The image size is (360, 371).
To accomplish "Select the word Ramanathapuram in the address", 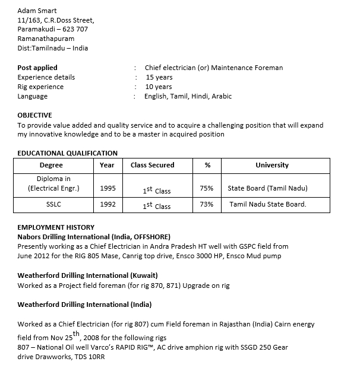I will coord(46,39).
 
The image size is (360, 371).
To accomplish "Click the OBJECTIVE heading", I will coord(34,115).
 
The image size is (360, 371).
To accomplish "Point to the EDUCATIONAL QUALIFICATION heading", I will coord(67,153).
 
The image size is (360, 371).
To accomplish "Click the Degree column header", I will coord(51,165).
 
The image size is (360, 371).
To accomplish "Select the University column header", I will coord(271,165).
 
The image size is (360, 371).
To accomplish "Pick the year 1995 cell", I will coord(108,188).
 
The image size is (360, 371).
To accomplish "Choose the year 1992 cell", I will coord(108,204).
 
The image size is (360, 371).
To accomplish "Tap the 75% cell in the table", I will coord(207,188).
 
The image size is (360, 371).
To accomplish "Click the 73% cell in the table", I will coord(207,204).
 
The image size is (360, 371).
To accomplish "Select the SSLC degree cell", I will coord(53,204).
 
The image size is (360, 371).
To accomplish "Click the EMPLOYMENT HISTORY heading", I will coord(56,227).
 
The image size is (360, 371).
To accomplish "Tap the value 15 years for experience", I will coord(159,77).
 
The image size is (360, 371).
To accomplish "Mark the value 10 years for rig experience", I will coord(159,87).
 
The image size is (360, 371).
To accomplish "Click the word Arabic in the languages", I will coord(222,96).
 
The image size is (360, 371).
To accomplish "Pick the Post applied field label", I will coord(37,68).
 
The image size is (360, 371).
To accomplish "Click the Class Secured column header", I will coord(152,165).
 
